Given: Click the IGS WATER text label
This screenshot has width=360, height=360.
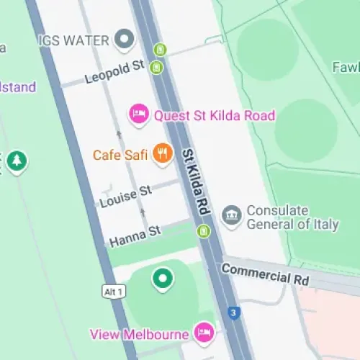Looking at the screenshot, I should point(74,39).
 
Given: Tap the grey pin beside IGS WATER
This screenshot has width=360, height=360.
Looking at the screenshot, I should point(127,39).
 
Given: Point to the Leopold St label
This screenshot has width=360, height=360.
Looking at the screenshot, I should point(114,72).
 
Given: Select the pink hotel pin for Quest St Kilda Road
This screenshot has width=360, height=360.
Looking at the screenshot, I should point(138,114).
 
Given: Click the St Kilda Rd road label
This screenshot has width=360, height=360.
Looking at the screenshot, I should point(195,183).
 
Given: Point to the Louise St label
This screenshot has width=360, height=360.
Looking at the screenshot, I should point(126,196).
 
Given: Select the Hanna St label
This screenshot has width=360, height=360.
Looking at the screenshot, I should point(134,235).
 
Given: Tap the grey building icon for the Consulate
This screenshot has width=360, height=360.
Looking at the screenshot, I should point(231,216).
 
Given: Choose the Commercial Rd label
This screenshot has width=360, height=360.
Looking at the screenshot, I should point(265,274).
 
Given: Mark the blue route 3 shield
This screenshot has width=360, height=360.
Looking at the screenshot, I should point(233,312).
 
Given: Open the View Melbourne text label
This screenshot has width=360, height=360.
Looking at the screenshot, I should point(140,334).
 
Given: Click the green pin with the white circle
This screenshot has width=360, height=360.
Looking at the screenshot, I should point(163,278).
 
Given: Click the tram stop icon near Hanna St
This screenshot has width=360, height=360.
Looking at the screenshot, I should point(205,231).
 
